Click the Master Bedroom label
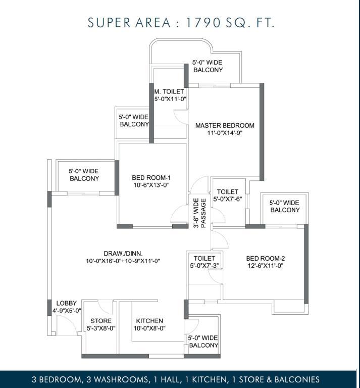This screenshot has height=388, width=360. pos(225,125)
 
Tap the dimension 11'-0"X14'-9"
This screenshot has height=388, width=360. pos(225,133)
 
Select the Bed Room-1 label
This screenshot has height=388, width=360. pos(151,178)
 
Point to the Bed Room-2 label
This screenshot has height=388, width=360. pos(265,259)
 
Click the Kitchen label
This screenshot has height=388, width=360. pos(149,321)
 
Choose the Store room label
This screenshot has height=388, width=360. pos(101,321)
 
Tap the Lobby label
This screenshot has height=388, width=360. pos(67,303)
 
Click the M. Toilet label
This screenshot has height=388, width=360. pos(169,92)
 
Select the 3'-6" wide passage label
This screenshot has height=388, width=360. pos(199,213)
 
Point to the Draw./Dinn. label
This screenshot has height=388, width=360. pos(123,254)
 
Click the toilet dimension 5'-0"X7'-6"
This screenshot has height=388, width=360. pos(228,199)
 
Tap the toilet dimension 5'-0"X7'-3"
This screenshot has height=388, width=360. pos(204,266)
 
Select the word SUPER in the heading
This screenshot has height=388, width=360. pos(109,23)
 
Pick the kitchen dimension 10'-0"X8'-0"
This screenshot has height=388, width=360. pos(149,328)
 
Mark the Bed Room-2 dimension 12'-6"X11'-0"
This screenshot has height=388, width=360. pos(265,266)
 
